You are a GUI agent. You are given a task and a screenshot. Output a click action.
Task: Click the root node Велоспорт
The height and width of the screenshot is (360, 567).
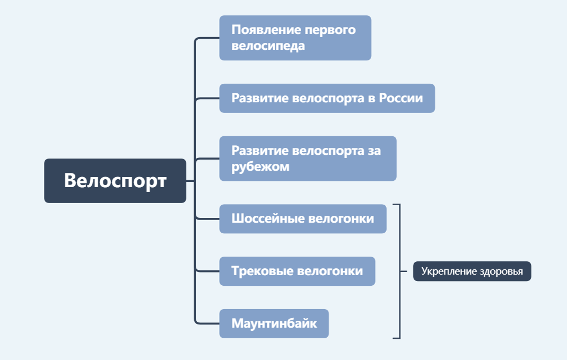click(x=115, y=181)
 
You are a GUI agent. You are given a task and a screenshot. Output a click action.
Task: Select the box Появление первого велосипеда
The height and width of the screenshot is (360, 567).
click(x=295, y=38)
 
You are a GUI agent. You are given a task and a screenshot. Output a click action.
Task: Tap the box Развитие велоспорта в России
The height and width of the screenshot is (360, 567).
click(x=327, y=98)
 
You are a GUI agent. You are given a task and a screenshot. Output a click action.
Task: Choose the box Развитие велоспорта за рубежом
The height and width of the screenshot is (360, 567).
click(x=308, y=159)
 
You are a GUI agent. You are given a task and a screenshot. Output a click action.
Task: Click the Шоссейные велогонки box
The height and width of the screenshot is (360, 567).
click(x=302, y=218)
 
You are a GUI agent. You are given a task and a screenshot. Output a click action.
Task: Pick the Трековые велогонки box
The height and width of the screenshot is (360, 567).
click(x=297, y=271)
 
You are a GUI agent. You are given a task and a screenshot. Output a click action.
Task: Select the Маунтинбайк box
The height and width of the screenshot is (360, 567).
click(x=274, y=323)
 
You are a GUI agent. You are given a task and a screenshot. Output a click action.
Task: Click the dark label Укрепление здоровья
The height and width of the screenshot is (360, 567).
click(x=472, y=271)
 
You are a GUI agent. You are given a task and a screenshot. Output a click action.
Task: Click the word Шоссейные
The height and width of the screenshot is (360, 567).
click(x=260, y=218)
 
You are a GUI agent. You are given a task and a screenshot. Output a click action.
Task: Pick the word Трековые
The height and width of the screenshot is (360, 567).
click(x=255, y=271)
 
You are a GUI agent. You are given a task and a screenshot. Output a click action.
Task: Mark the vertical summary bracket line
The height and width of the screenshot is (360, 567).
click(x=400, y=239)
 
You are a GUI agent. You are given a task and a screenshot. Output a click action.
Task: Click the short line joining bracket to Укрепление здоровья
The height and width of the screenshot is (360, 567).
click(x=407, y=271)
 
